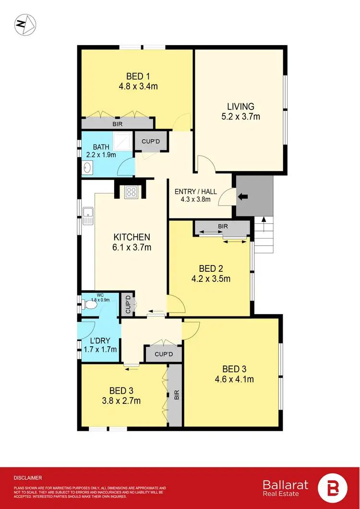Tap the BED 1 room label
(138, 76)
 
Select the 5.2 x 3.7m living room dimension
(240, 116)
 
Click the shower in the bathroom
(124, 141)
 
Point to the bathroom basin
(88, 168)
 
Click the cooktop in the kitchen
(132, 192)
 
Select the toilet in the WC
(89, 304)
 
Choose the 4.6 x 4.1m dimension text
(234, 379)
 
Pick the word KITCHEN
(132, 237)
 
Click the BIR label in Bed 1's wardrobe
(117, 124)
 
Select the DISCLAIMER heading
(28, 478)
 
